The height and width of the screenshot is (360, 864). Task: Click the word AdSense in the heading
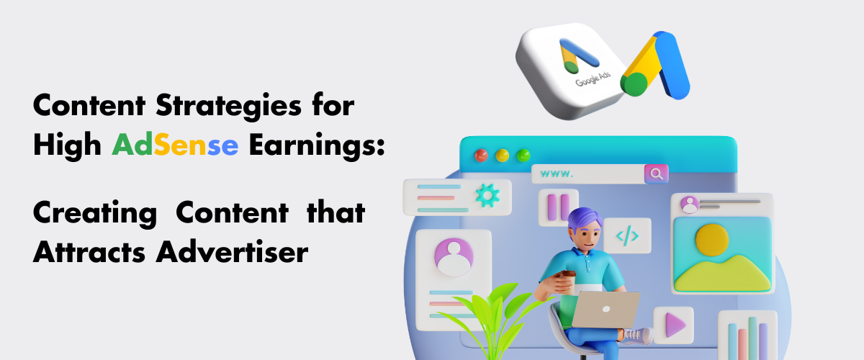(x=175, y=144)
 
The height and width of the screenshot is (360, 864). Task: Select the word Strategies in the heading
(x=228, y=106)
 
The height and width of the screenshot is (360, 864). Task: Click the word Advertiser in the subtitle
(x=232, y=252)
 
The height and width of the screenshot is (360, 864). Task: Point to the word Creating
(x=95, y=214)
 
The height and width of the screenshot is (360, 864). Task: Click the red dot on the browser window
(x=481, y=156)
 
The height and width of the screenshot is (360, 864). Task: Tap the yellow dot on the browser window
(x=503, y=156)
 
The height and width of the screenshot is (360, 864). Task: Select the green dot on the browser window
(x=523, y=156)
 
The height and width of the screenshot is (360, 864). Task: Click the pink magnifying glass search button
(x=656, y=174)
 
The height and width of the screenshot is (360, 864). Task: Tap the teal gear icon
(x=487, y=196)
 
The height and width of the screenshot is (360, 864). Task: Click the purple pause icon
(x=558, y=207)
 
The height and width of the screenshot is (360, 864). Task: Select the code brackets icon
(x=627, y=235)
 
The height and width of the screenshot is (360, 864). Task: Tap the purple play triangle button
(x=675, y=325)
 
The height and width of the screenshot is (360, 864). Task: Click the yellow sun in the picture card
(x=712, y=240)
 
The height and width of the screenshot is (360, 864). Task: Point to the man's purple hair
(x=585, y=219)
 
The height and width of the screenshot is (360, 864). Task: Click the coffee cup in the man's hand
(x=567, y=282)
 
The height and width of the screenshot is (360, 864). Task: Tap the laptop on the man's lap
(x=605, y=310)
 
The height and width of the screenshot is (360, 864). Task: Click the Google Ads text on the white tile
(x=593, y=78)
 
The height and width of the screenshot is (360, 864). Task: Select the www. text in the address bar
(x=557, y=174)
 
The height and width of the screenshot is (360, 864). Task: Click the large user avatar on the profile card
(x=454, y=257)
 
